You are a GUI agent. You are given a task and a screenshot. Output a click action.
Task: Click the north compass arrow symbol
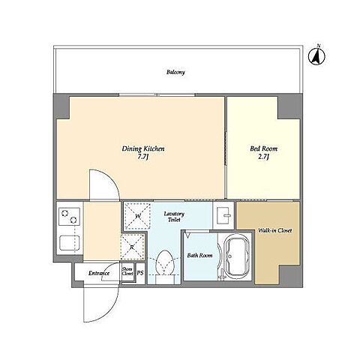316,56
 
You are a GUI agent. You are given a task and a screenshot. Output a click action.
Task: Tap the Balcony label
175,72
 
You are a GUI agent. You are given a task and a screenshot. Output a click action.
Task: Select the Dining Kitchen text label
143,149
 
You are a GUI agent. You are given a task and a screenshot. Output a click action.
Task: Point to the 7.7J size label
143,157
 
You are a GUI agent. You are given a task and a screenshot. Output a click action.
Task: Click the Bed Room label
264,148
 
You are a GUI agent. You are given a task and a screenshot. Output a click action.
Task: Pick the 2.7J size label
264,157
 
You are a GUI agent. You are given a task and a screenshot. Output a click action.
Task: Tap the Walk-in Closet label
274,230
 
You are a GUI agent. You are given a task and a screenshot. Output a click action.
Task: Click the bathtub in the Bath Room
237,256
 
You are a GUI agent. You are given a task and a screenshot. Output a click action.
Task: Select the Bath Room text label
199,256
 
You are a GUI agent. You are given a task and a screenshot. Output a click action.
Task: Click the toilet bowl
164,262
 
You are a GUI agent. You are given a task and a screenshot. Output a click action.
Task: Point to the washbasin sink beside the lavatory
224,215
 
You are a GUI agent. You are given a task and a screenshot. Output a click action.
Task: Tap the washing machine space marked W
137,216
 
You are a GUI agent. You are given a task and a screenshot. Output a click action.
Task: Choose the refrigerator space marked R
133,247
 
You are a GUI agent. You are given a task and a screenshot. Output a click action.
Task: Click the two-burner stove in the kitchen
70,217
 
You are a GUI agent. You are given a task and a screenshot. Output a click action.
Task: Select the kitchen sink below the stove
70,243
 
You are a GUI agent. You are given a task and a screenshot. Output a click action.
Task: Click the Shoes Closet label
127,271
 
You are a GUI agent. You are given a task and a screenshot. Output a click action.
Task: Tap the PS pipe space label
140,273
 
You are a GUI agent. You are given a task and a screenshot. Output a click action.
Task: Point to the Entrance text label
99,273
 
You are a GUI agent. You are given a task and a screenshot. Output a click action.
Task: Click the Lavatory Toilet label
174,217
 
